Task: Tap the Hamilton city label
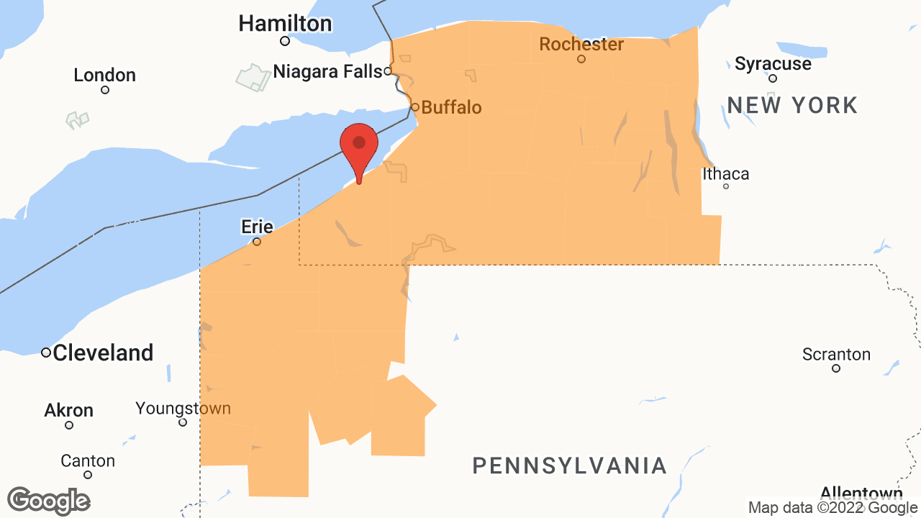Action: pyautogui.click(x=285, y=24)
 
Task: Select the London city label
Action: pyautogui.click(x=104, y=75)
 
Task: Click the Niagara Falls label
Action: pyautogui.click(x=327, y=71)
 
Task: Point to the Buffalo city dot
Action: pyautogui.click(x=414, y=107)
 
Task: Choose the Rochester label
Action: pyautogui.click(x=581, y=44)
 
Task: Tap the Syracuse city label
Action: pyautogui.click(x=773, y=63)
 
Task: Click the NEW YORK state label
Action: pyautogui.click(x=792, y=105)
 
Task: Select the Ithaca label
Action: pyautogui.click(x=725, y=173)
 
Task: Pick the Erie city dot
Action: pyautogui.click(x=257, y=242)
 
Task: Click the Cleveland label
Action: pyautogui.click(x=103, y=353)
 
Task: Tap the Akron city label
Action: pyautogui.click(x=69, y=410)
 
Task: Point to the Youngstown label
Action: pyautogui.click(x=183, y=409)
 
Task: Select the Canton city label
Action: pyautogui.click(x=88, y=460)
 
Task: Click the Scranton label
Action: pyautogui.click(x=836, y=354)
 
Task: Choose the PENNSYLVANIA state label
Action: pyautogui.click(x=569, y=465)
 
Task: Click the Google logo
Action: pyautogui.click(x=48, y=501)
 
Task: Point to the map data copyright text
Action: pyautogui.click(x=832, y=508)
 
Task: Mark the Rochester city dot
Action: pyautogui.click(x=581, y=59)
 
